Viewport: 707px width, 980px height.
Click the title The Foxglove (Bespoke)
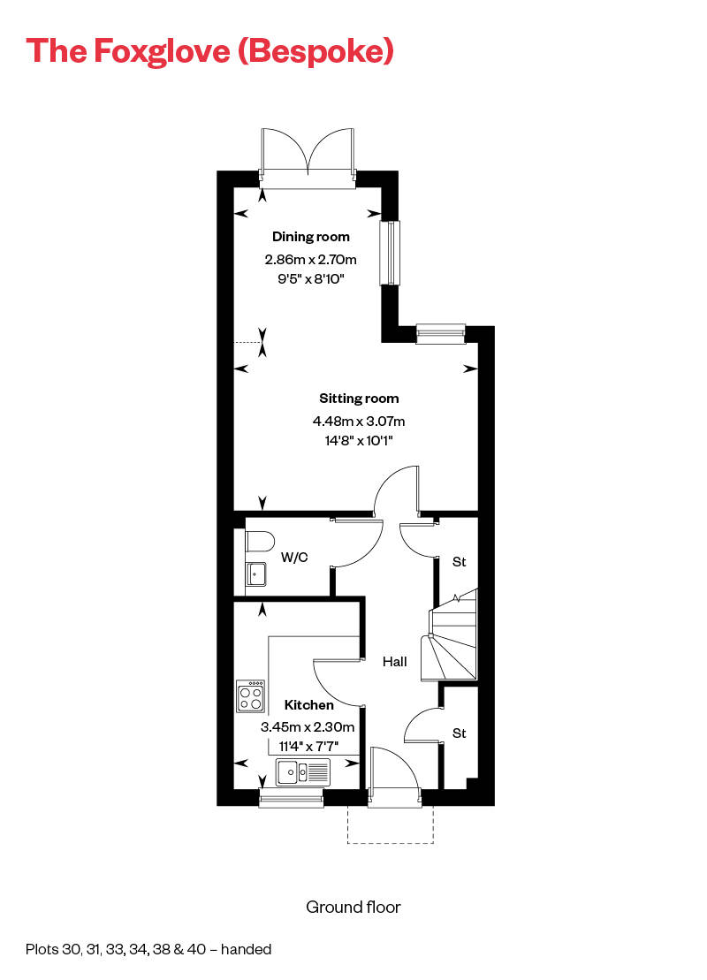(x=209, y=50)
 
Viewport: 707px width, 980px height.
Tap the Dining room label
(x=310, y=237)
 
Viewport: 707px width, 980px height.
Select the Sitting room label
(x=359, y=399)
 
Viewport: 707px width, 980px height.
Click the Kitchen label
(x=309, y=705)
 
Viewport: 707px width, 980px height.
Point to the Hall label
(x=394, y=661)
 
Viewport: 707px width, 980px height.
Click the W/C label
(x=294, y=558)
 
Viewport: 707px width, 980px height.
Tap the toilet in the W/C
(x=259, y=541)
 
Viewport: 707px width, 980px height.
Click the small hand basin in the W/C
(x=256, y=574)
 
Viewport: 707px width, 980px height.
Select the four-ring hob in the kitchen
(x=250, y=695)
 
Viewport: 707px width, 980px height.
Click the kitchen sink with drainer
(x=302, y=771)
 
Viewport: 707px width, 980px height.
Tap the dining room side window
(x=390, y=253)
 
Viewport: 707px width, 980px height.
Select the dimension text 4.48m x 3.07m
(x=359, y=422)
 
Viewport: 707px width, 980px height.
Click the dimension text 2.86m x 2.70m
(x=310, y=260)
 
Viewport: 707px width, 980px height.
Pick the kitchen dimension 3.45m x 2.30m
(x=308, y=727)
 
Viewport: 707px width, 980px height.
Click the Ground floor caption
(x=353, y=907)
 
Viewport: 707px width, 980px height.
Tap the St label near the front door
(x=459, y=733)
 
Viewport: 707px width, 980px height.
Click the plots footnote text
(x=148, y=950)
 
